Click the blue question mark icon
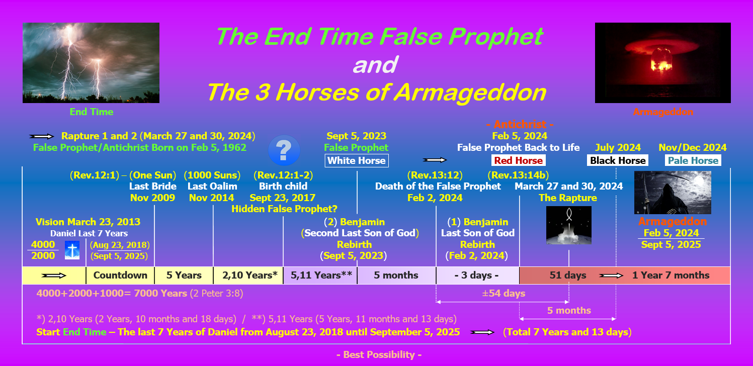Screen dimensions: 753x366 pos(284,150)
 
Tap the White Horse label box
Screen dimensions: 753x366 pos(357,161)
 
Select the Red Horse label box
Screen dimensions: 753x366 pos(519,160)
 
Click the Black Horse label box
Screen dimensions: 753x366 pos(618,160)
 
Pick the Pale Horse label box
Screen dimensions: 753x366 pos(693,160)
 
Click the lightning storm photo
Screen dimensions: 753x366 pos(91,63)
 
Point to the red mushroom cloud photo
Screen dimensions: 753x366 pos(663,63)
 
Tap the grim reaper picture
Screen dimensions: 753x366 pos(673,193)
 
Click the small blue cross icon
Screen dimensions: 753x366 pos(72,250)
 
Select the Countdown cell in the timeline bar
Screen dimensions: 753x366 pos(120,276)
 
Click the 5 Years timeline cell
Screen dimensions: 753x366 pos(184,276)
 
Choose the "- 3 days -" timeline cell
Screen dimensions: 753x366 pos(478,276)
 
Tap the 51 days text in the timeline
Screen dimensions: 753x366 pos(568,276)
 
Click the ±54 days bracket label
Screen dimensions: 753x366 pos(504,294)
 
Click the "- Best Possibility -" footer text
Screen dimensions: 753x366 pos(379,354)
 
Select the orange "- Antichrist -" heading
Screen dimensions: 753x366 pos(520,124)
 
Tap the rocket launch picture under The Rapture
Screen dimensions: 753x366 pos(569,225)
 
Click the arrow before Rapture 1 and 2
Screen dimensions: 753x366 pos(41,136)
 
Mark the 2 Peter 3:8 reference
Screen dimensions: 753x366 pos(216,294)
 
